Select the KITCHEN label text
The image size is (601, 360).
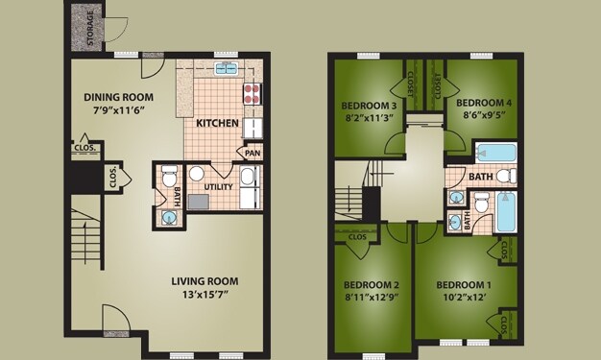pyautogui.click(x=217, y=123)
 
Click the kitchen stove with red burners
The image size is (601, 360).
pyautogui.click(x=252, y=94)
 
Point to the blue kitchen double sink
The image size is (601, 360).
pyautogui.click(x=228, y=68)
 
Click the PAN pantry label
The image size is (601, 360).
pyautogui.click(x=252, y=153)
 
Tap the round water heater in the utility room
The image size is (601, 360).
pyautogui.click(x=196, y=174)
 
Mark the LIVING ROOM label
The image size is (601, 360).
pyautogui.click(x=204, y=281)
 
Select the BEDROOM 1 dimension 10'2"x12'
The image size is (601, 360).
pyautogui.click(x=463, y=299)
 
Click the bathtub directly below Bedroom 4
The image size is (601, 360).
pyautogui.click(x=496, y=153)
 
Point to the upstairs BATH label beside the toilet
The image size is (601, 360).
pyautogui.click(x=480, y=177)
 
